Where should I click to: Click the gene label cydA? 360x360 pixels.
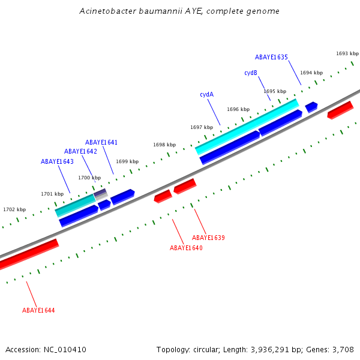[x=207, y=94]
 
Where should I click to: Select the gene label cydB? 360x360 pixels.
[x=251, y=73]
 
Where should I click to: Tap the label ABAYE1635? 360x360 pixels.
[x=271, y=58]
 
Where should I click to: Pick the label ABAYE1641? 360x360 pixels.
[x=101, y=142]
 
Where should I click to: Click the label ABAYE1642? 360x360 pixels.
[x=80, y=151]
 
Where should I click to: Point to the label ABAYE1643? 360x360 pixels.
[x=57, y=161]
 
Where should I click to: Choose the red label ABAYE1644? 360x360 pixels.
[x=38, y=310]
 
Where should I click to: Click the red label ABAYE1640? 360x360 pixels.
[x=186, y=248]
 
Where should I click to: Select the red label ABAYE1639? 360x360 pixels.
[x=208, y=238]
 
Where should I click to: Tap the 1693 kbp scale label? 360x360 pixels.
[x=347, y=53]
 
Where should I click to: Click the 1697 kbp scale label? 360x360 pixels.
[x=202, y=127]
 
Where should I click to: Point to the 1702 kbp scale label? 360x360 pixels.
[x=14, y=209]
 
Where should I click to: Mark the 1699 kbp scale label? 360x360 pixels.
[x=127, y=161]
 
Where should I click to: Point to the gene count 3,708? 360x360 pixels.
[x=342, y=349]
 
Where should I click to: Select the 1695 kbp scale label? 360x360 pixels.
[x=274, y=91]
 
